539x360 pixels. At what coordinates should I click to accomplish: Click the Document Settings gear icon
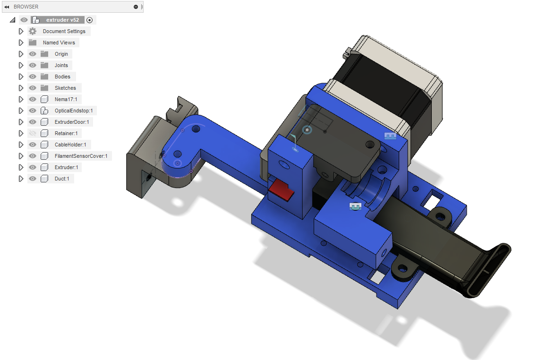(x=33, y=31)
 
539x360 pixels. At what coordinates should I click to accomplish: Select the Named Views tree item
(x=59, y=43)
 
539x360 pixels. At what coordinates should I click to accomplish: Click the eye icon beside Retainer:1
(x=33, y=133)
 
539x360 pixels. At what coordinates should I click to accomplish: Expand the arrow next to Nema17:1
(x=21, y=99)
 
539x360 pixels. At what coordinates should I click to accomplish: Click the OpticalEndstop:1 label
(x=74, y=111)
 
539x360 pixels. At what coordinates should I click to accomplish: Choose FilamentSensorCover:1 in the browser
(x=81, y=156)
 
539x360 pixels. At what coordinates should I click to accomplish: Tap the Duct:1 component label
(x=62, y=179)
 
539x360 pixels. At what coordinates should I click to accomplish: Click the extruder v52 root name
(x=62, y=20)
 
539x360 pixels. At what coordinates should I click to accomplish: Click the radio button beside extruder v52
(x=89, y=20)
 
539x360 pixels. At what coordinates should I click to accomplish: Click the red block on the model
(x=281, y=190)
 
